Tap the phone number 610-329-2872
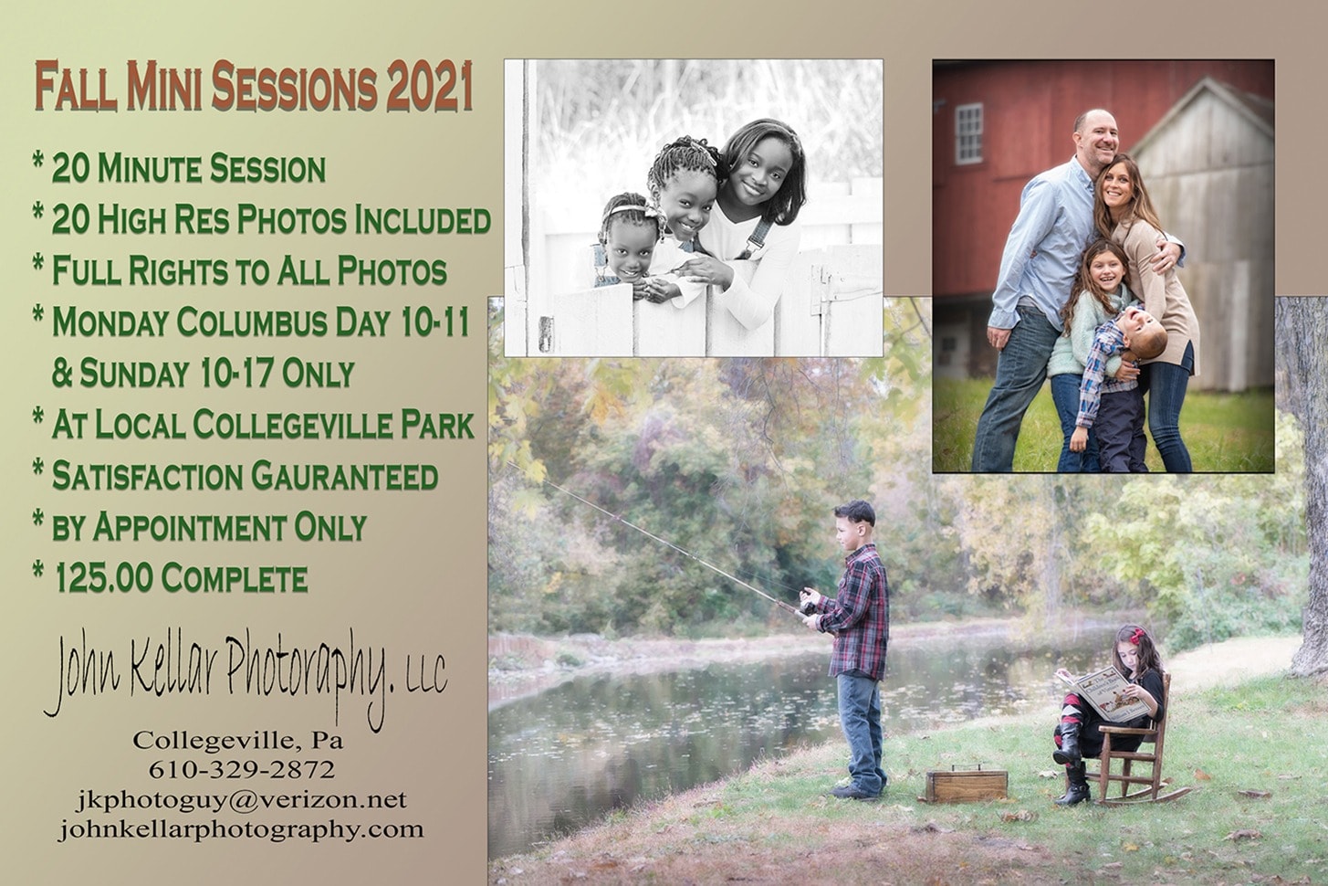[241, 770]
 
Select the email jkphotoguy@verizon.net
[241, 799]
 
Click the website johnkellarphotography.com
[241, 829]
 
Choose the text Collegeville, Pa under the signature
[238, 741]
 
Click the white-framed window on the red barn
[970, 132]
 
